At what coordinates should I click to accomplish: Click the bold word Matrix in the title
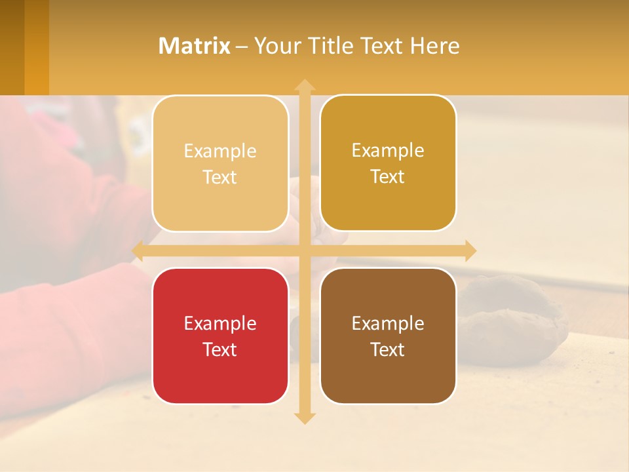click(x=195, y=46)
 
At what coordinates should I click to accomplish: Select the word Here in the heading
click(x=434, y=46)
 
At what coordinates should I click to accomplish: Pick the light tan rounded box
click(x=220, y=163)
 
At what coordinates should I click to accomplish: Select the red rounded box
click(x=220, y=336)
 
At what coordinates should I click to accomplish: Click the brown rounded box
click(x=388, y=336)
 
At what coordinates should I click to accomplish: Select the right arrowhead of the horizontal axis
click(x=470, y=251)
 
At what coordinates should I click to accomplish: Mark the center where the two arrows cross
click(x=305, y=251)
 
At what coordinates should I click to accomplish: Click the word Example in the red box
click(x=220, y=323)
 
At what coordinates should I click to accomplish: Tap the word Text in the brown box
click(x=388, y=349)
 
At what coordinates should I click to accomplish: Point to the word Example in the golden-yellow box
click(x=388, y=150)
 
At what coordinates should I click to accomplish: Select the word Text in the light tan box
click(x=220, y=177)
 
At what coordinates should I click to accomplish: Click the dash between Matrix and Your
click(x=242, y=47)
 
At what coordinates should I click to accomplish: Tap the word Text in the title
click(x=379, y=46)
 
